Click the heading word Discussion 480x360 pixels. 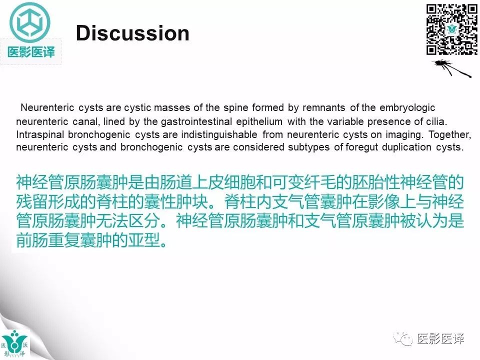point(132,33)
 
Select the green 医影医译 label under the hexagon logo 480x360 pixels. point(31,51)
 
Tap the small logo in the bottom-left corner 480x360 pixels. point(15,344)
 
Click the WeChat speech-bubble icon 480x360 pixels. point(402,339)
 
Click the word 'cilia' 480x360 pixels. point(433,121)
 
